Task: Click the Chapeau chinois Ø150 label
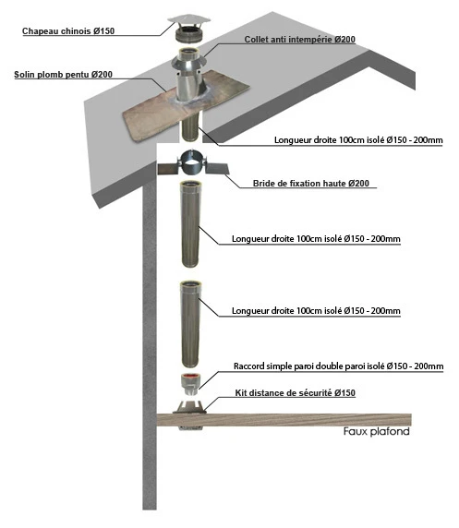pos(68,31)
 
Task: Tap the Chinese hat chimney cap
pos(189,29)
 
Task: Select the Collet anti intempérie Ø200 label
pos(299,40)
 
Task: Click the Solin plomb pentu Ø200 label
pos(64,75)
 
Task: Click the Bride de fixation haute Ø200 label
pos(310,184)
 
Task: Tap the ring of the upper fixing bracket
pos(191,162)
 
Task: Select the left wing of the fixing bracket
pos(169,168)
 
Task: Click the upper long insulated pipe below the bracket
pos(190,224)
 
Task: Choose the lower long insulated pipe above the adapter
pos(190,324)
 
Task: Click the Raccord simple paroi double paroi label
pos(338,366)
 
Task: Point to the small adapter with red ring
pos(190,385)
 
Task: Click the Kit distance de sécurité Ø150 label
pos(295,393)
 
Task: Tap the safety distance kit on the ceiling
pos(189,416)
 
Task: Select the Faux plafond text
pos(377,431)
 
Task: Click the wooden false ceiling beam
pos(284,420)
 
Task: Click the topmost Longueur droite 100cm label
pos(358,139)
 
